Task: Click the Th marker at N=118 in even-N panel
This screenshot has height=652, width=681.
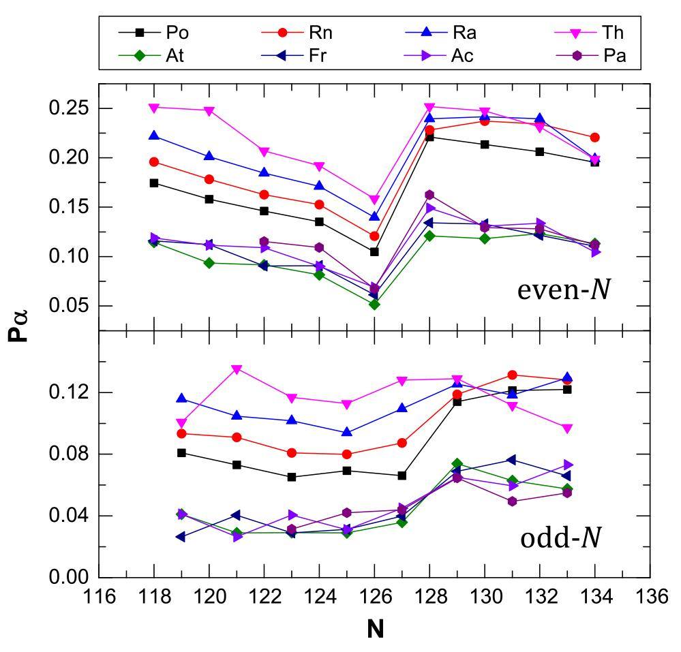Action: (154, 108)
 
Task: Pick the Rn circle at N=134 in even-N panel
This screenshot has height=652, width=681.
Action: (594, 138)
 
